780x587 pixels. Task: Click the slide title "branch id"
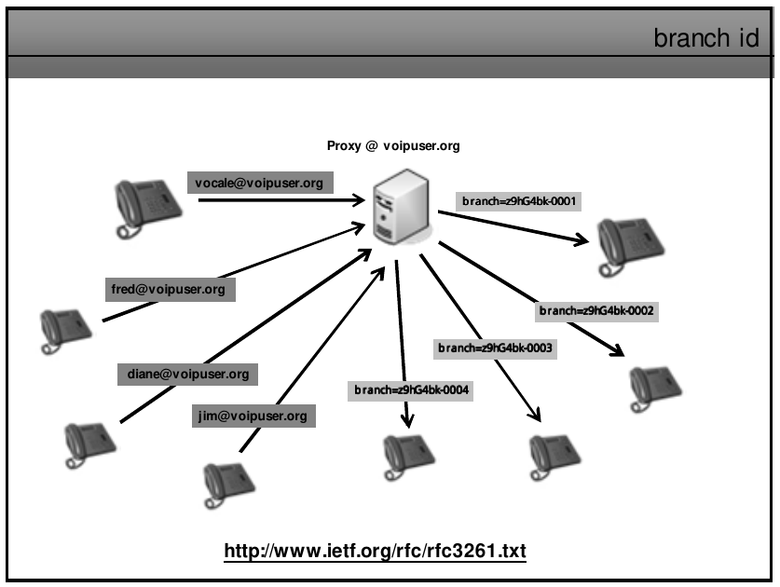(x=705, y=38)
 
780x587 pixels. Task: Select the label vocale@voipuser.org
(x=259, y=184)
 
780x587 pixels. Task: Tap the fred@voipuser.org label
(x=169, y=290)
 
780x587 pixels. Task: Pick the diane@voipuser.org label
(x=188, y=375)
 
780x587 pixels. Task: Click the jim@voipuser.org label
(x=252, y=416)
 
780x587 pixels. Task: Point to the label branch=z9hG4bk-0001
(x=521, y=200)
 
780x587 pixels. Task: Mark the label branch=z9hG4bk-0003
(x=496, y=348)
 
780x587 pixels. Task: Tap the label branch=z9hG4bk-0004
(x=411, y=389)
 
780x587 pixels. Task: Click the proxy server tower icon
(x=398, y=210)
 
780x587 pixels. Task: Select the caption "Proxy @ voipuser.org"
(x=393, y=145)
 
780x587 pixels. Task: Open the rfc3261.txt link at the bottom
(x=376, y=552)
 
